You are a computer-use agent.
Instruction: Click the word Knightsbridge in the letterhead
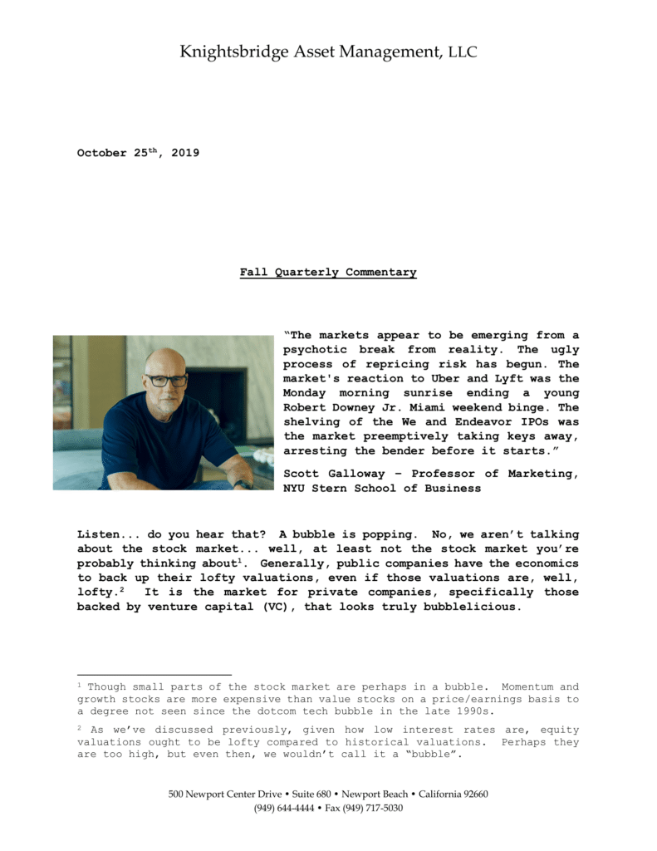(234, 52)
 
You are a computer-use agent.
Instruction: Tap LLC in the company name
(463, 53)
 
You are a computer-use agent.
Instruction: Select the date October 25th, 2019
(138, 153)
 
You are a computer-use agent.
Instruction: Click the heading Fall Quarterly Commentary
(328, 272)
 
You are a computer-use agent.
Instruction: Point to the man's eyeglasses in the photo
(166, 381)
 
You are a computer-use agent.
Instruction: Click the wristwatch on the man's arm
(243, 484)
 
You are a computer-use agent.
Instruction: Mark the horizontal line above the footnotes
(154, 675)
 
